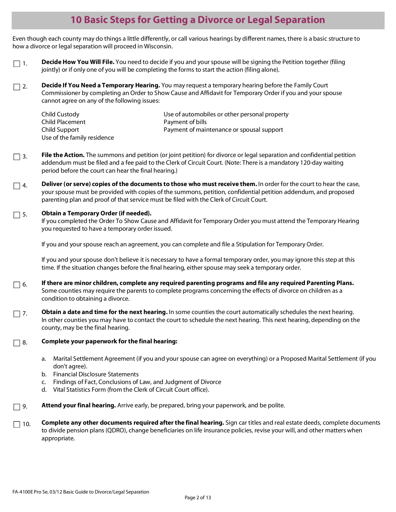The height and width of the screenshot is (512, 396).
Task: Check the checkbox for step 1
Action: click(17, 64)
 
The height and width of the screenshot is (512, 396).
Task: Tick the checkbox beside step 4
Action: click(17, 186)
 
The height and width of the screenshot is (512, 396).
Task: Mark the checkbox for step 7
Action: click(17, 314)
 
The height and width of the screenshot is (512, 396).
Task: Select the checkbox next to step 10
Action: click(17, 424)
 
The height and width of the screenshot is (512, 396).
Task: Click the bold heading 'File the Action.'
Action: click(63, 155)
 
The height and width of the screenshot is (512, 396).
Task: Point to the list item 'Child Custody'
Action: click(60, 114)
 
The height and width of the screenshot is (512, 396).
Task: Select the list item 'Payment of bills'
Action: click(185, 122)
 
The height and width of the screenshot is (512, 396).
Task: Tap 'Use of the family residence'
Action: click(77, 138)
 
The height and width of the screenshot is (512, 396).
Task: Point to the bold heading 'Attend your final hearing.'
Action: click(79, 405)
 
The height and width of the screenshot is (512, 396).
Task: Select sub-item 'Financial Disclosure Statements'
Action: click(96, 374)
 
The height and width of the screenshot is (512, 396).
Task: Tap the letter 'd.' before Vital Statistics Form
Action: click(44, 390)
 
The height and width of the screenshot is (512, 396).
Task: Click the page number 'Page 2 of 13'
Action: click(198, 497)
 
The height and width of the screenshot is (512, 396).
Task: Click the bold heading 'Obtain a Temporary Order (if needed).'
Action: click(96, 213)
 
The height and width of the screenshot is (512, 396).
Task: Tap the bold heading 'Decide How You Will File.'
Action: click(78, 62)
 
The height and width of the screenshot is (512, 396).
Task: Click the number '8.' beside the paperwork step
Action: click(25, 342)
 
